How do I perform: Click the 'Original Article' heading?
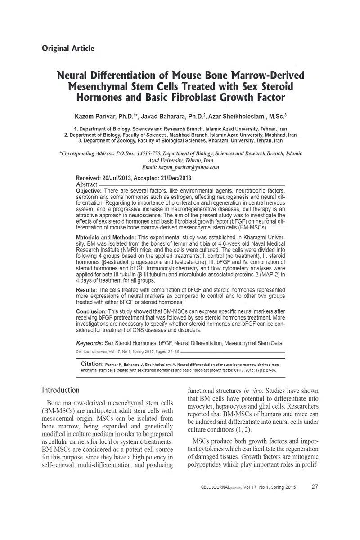click(x=68, y=49)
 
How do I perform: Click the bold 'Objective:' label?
click(x=89, y=191)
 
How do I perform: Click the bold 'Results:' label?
click(x=86, y=290)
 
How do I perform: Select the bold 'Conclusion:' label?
click(x=91, y=311)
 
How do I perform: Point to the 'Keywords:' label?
click(x=90, y=343)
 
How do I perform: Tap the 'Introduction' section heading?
click(x=61, y=390)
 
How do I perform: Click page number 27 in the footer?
click(x=315, y=486)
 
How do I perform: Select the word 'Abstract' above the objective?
click(x=87, y=184)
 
